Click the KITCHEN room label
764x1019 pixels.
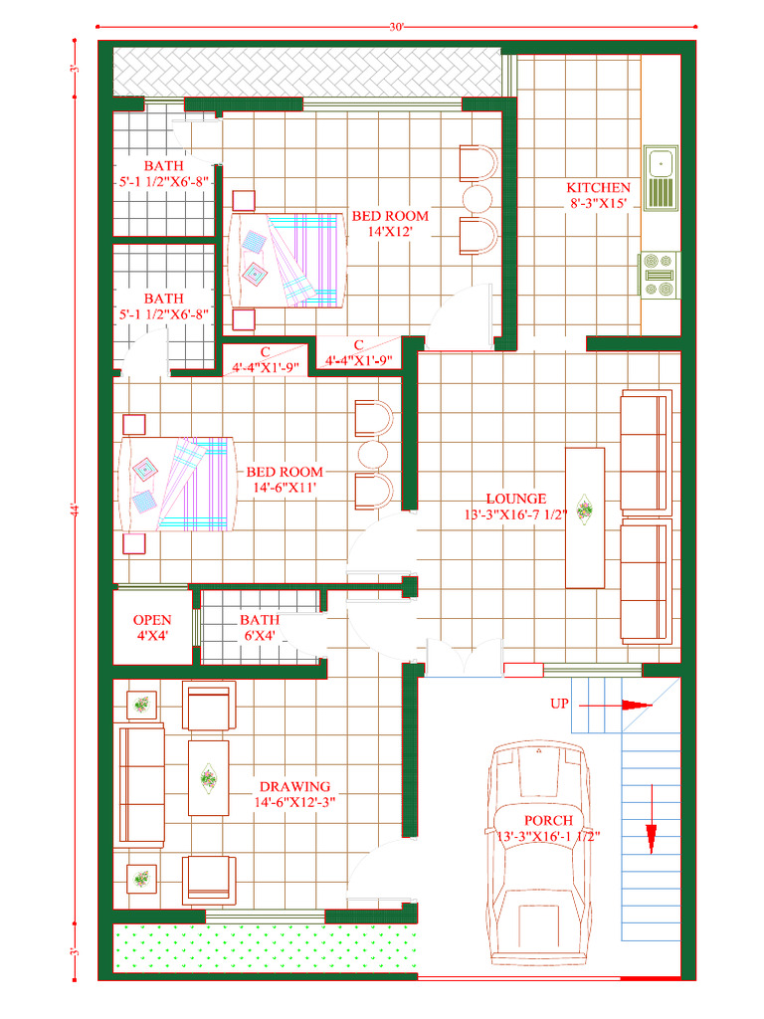[598, 187]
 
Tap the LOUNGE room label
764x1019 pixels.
[515, 499]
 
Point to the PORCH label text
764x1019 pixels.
[549, 820]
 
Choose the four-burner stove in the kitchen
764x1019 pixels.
[659, 274]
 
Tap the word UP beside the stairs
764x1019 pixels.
[559, 704]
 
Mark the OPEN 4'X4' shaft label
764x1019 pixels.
[152, 620]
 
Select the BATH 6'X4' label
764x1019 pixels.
[260, 620]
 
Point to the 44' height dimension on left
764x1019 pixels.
[74, 509]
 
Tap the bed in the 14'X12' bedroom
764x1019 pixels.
[286, 259]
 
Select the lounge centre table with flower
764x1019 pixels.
[584, 516]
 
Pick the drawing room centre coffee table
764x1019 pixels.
[208, 777]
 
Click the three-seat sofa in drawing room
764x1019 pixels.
[141, 785]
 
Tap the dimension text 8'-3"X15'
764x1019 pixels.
[598, 203]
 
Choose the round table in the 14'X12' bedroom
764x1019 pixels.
[477, 197]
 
